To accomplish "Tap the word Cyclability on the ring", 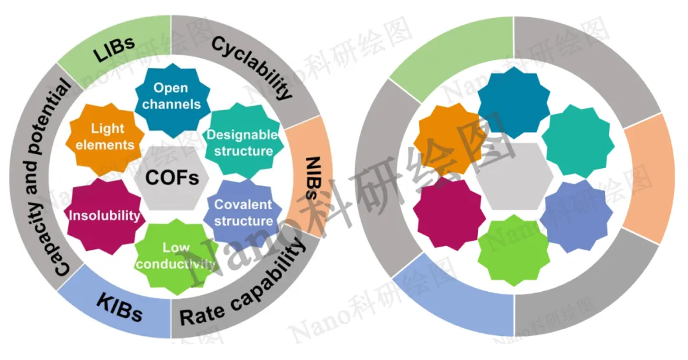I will click(x=252, y=68).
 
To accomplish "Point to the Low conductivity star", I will click(x=176, y=255).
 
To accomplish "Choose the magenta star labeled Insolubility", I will click(x=104, y=215).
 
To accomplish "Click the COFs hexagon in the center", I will click(x=171, y=177).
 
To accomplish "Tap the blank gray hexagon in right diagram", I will click(x=514, y=177).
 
